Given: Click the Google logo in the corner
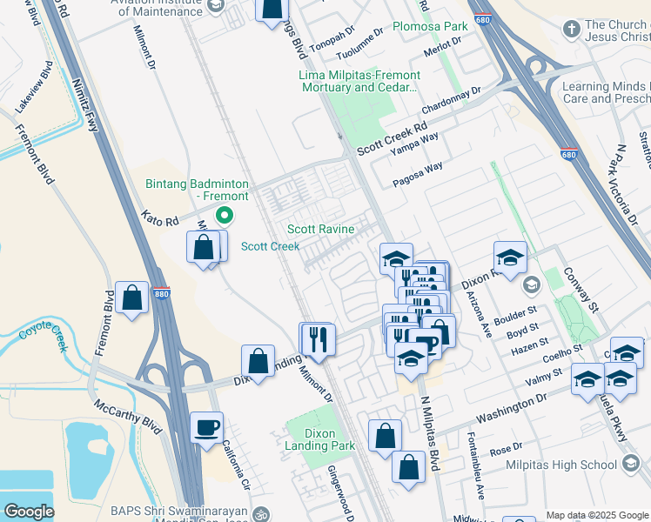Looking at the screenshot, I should pos(30,512).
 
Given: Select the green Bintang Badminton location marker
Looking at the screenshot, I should pos(225,216).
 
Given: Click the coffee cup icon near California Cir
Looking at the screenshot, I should pos(207,427).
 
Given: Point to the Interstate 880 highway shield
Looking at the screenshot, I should pos(161,295).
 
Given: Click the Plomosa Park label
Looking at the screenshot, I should pos(431,26).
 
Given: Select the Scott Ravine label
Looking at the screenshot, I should pos(321,230).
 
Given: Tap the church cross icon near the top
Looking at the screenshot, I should pos(572,29).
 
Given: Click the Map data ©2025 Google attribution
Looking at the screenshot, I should pos(596,514).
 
